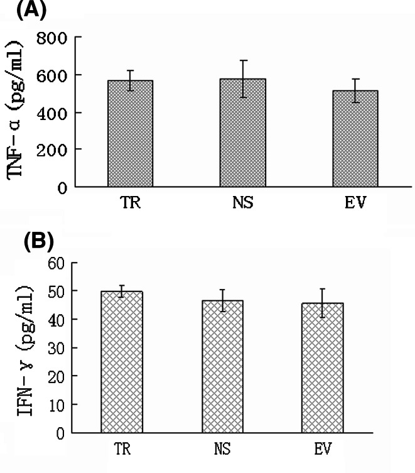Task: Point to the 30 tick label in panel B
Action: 57,348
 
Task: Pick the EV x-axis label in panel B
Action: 323,451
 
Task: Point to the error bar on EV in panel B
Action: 323,303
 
